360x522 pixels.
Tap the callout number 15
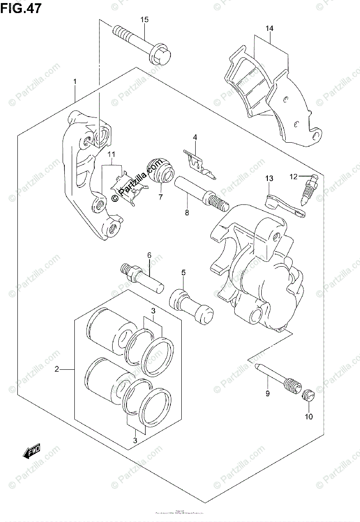(x=144, y=20)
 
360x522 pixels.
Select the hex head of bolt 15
(x=160, y=56)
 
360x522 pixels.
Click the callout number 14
(x=270, y=29)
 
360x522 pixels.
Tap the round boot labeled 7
(x=159, y=171)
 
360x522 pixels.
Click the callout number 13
(x=269, y=178)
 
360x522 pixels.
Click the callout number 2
(x=57, y=370)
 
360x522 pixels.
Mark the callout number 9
(x=268, y=394)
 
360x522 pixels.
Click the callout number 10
(x=309, y=416)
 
